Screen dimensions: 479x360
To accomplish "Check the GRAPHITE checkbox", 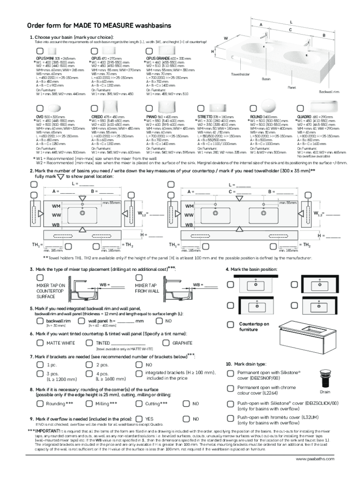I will click(166, 343).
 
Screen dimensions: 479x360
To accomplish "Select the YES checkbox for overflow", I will click(139, 419).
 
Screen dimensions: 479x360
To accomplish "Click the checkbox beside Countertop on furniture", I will click(230, 324).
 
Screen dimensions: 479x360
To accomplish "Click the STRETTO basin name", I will click(206, 116).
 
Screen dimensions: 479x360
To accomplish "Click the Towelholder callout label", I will click(240, 74).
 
